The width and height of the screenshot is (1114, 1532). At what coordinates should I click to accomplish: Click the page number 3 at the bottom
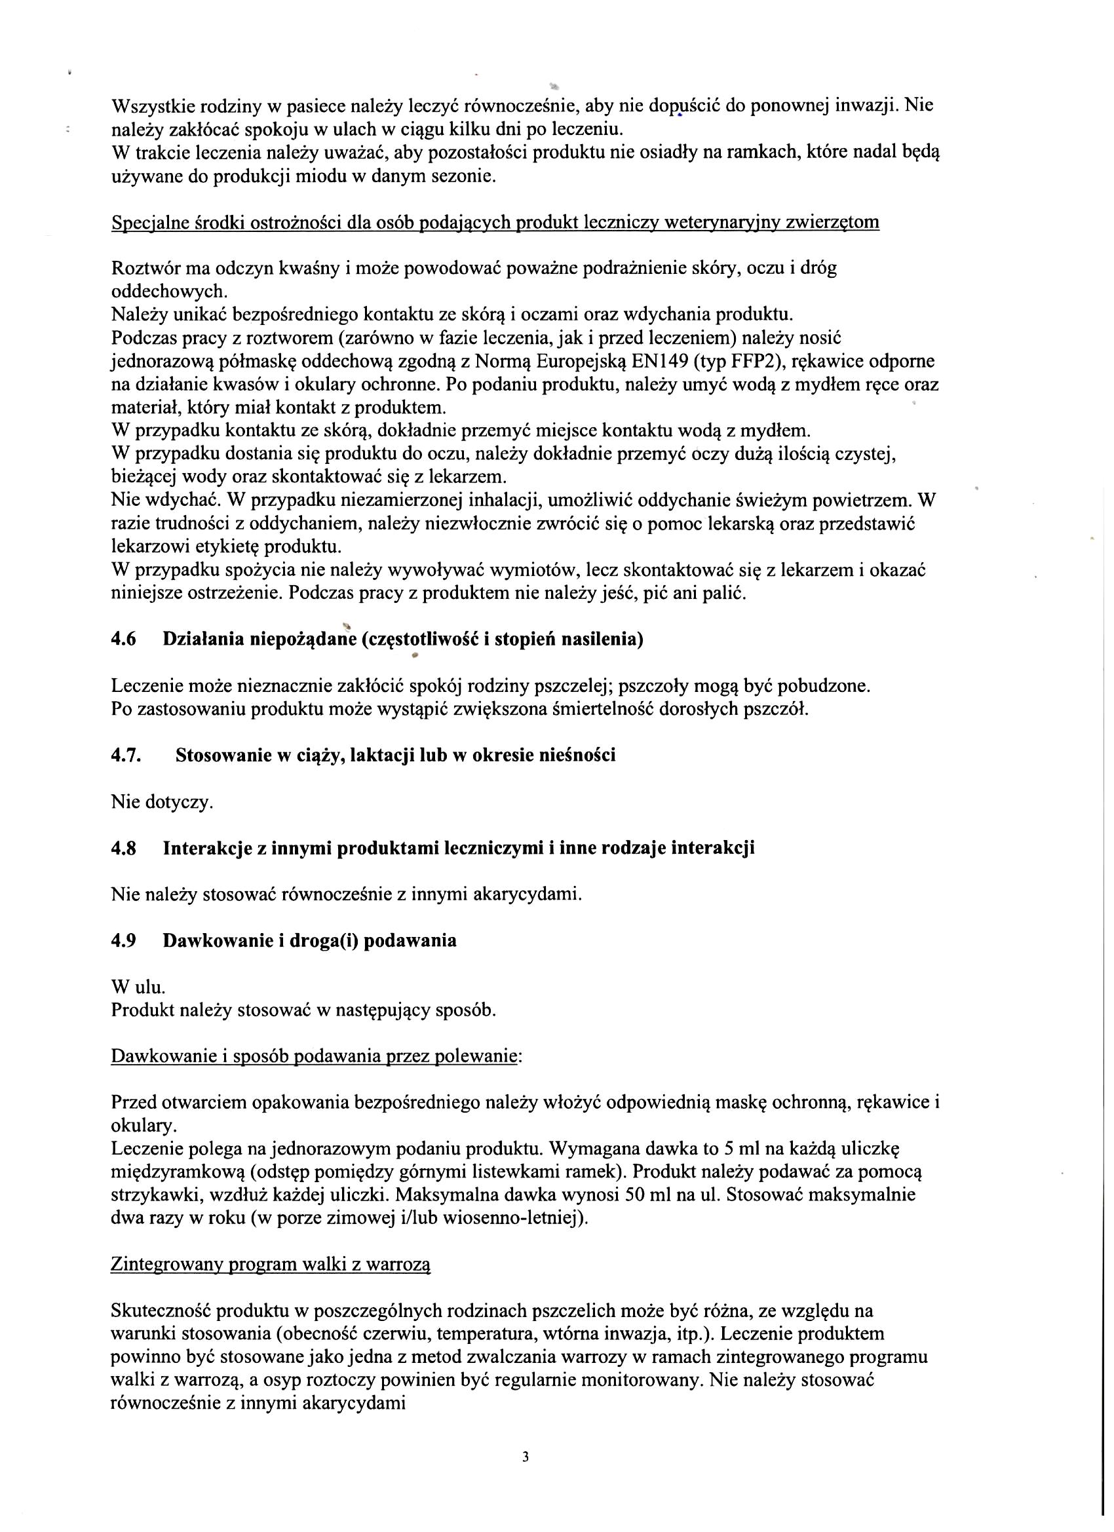coord(526,1457)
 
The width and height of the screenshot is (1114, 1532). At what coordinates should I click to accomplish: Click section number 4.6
coord(124,639)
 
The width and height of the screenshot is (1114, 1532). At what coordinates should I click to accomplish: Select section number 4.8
coord(124,848)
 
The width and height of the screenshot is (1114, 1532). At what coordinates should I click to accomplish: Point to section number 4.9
coord(124,940)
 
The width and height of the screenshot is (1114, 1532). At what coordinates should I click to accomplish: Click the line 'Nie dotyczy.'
coord(162,802)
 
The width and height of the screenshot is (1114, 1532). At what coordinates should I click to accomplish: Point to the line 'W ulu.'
coord(138,987)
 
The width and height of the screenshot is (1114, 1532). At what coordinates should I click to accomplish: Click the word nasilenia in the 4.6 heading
coord(603,639)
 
